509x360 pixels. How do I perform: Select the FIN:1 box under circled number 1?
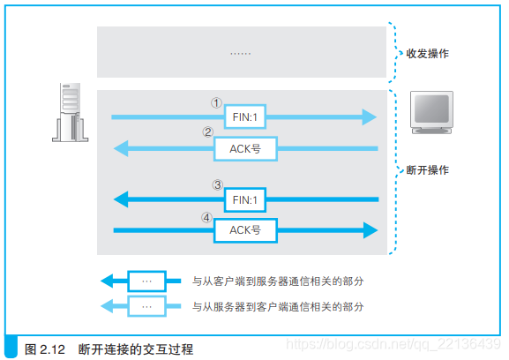244,116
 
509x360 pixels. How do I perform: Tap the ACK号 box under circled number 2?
244,148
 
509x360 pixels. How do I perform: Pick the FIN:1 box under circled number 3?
244,200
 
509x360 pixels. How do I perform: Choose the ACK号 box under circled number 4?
244,230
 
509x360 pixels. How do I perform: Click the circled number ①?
215,101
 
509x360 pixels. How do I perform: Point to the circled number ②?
208,133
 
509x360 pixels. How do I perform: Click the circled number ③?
217,185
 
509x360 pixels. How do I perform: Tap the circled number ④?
208,216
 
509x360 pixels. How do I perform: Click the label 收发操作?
427,54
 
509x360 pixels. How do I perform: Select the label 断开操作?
427,170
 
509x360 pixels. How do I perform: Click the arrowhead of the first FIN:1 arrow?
369,116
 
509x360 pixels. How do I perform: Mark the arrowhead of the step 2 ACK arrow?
120,148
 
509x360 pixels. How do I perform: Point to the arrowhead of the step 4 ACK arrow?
371,230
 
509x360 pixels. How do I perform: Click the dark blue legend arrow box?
146,281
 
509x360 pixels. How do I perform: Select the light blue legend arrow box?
146,307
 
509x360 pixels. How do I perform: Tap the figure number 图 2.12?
46,349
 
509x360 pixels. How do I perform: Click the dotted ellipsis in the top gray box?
240,53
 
